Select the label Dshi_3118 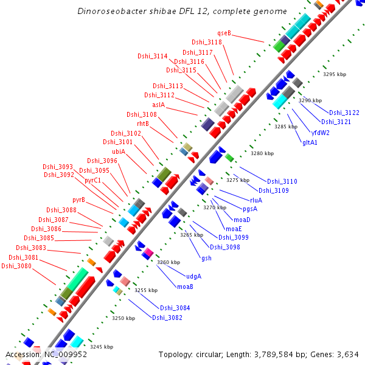207,42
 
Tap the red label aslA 159,104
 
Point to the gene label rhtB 143,123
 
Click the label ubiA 119,151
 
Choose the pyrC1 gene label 92,180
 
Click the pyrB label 78,200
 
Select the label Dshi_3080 16,266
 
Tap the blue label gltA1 310,142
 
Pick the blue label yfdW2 321,132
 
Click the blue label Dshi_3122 344,113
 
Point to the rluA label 256,200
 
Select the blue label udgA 193,276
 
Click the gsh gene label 207,258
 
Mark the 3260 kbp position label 169,262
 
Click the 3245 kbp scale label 102,347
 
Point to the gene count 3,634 346,354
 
